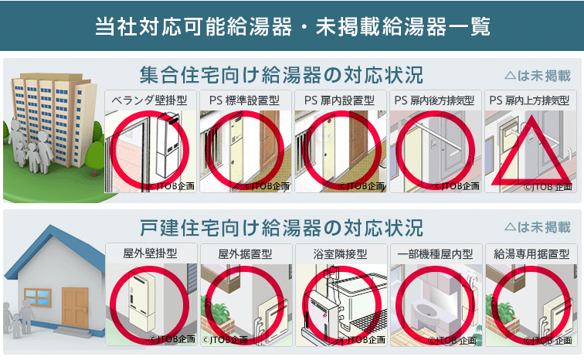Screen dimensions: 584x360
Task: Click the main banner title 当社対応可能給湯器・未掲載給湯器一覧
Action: (x=292, y=26)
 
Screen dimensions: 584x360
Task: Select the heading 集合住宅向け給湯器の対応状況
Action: (x=281, y=75)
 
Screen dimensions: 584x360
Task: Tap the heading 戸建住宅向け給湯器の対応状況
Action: (x=281, y=228)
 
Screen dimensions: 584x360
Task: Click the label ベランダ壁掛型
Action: (x=149, y=100)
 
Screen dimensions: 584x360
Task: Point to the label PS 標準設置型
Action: (x=244, y=100)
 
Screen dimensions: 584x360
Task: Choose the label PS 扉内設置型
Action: (x=339, y=100)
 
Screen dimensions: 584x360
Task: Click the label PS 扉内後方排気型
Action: (x=434, y=100)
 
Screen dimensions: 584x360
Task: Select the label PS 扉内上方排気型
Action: (x=529, y=100)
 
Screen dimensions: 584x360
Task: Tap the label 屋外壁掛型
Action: (x=150, y=253)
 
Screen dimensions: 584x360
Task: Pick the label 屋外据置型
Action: (x=245, y=254)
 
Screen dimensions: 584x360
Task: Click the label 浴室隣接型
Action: (x=340, y=254)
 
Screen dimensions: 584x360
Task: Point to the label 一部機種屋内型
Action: (x=435, y=254)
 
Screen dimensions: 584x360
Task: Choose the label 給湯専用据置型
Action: (x=531, y=254)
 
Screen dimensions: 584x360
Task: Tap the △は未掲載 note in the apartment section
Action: (x=538, y=76)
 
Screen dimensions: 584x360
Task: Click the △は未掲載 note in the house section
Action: (x=538, y=227)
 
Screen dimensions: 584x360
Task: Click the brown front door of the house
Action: (x=75, y=308)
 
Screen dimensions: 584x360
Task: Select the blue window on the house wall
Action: (x=37, y=297)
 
